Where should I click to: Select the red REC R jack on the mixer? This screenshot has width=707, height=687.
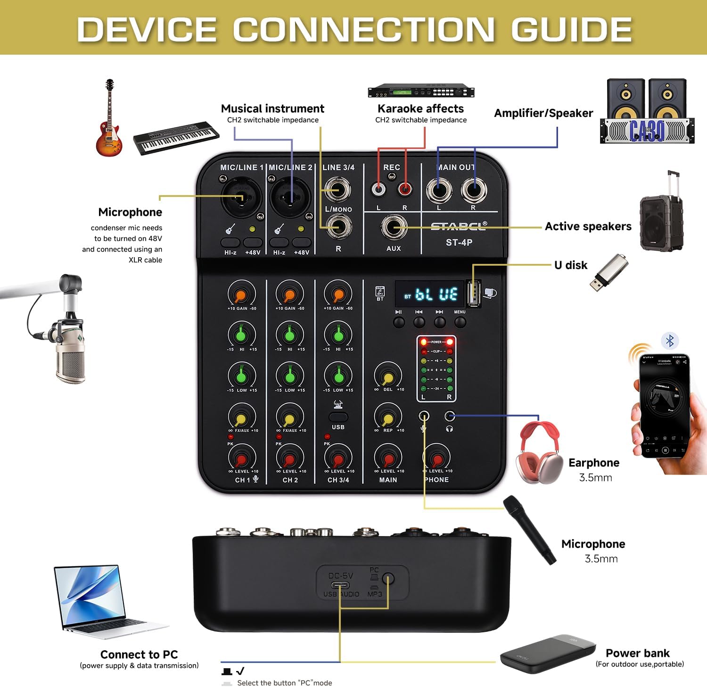[x=404, y=189]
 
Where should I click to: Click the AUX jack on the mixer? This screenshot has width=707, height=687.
[x=394, y=228]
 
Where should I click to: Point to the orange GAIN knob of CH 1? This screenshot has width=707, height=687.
[x=241, y=294]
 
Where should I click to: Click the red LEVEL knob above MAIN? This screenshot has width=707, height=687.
[x=388, y=458]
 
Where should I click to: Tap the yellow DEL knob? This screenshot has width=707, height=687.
[x=388, y=376]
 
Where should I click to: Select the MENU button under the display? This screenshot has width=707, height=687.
[x=460, y=322]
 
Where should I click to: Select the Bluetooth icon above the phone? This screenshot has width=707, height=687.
[x=670, y=340]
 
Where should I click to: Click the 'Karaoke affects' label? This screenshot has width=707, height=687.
[x=420, y=109]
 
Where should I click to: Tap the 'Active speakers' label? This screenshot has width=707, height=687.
[x=588, y=227]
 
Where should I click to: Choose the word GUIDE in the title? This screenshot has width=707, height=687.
[x=571, y=29]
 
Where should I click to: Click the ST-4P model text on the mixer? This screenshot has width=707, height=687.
[x=459, y=242]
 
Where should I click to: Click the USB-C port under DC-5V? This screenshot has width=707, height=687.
[x=340, y=585]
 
